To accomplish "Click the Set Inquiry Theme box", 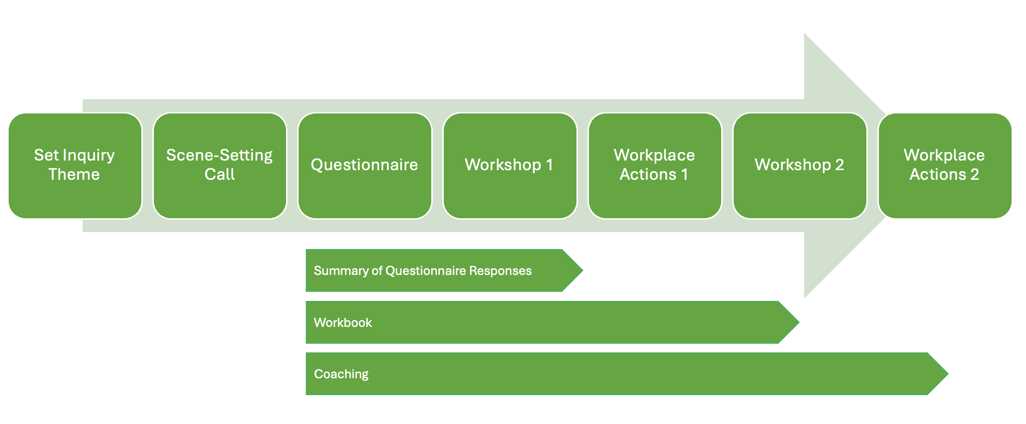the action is [75, 166].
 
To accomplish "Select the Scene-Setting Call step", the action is [220, 166].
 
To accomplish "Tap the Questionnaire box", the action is [365, 166].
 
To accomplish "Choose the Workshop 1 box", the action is [510, 166].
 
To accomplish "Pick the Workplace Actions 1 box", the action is [655, 166].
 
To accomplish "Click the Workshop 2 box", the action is [800, 166].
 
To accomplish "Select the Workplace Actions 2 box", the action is [945, 166].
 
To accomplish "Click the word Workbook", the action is [343, 323].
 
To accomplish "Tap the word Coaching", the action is [341, 374].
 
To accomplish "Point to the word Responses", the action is [500, 271].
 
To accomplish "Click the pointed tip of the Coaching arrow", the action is [948, 374].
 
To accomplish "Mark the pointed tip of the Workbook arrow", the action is [799, 322].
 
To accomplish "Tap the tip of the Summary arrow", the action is [583, 270].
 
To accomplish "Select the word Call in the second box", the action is [220, 174].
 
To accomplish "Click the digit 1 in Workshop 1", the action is [549, 165].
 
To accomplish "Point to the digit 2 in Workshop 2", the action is [839, 165].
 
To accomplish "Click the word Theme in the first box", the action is [74, 174].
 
